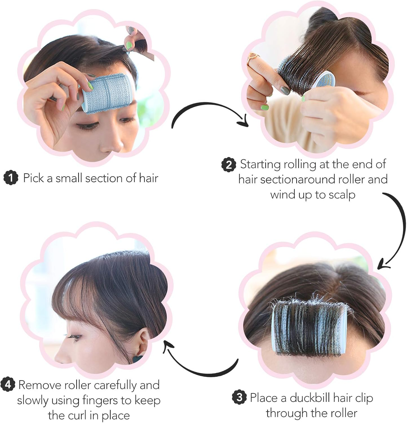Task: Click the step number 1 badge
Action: point(11,178)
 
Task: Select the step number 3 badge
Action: point(239,398)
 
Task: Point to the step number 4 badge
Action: point(8,384)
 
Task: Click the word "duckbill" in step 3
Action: point(310,398)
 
